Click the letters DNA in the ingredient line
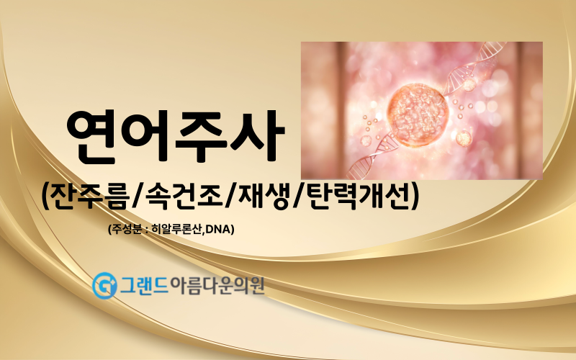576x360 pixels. click(218, 230)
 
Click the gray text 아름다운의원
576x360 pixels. click(217, 284)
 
